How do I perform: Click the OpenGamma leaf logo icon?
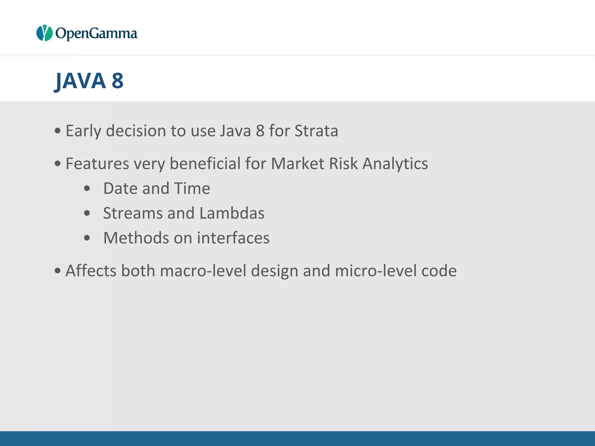click(44, 33)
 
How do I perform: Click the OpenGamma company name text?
click(96, 34)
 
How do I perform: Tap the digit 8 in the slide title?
click(118, 81)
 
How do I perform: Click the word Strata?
click(316, 131)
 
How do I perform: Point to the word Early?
click(83, 131)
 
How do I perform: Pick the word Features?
click(97, 163)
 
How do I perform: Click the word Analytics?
click(395, 164)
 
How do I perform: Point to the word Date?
click(120, 188)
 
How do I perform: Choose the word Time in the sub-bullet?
click(192, 188)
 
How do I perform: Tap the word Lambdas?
click(232, 213)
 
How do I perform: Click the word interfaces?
click(233, 238)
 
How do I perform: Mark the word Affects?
click(91, 271)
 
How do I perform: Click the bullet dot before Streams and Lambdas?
click(87, 213)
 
